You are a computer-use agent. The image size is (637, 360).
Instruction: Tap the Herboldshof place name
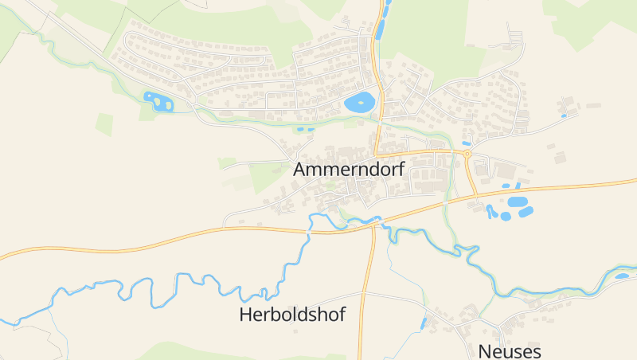tap(292, 315)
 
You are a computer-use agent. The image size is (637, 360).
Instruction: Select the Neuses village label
tap(510, 351)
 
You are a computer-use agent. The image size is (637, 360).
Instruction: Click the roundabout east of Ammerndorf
tap(467, 153)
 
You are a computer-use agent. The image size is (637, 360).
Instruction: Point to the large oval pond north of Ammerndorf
tap(359, 102)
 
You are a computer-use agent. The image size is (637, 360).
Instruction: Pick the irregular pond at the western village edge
tap(158, 101)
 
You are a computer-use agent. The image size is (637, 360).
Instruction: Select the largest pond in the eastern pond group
tap(518, 202)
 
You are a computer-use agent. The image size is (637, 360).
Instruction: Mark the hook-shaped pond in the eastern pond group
tap(491, 213)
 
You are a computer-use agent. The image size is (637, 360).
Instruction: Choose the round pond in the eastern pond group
tap(526, 213)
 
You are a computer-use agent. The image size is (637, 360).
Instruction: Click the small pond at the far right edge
tap(622, 276)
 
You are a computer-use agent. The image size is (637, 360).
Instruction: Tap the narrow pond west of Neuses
tap(424, 323)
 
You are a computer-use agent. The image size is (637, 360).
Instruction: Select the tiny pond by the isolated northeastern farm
tap(564, 115)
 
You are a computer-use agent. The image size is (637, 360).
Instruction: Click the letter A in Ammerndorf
tap(300, 170)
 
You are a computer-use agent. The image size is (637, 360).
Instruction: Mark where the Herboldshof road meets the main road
tap(373, 226)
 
